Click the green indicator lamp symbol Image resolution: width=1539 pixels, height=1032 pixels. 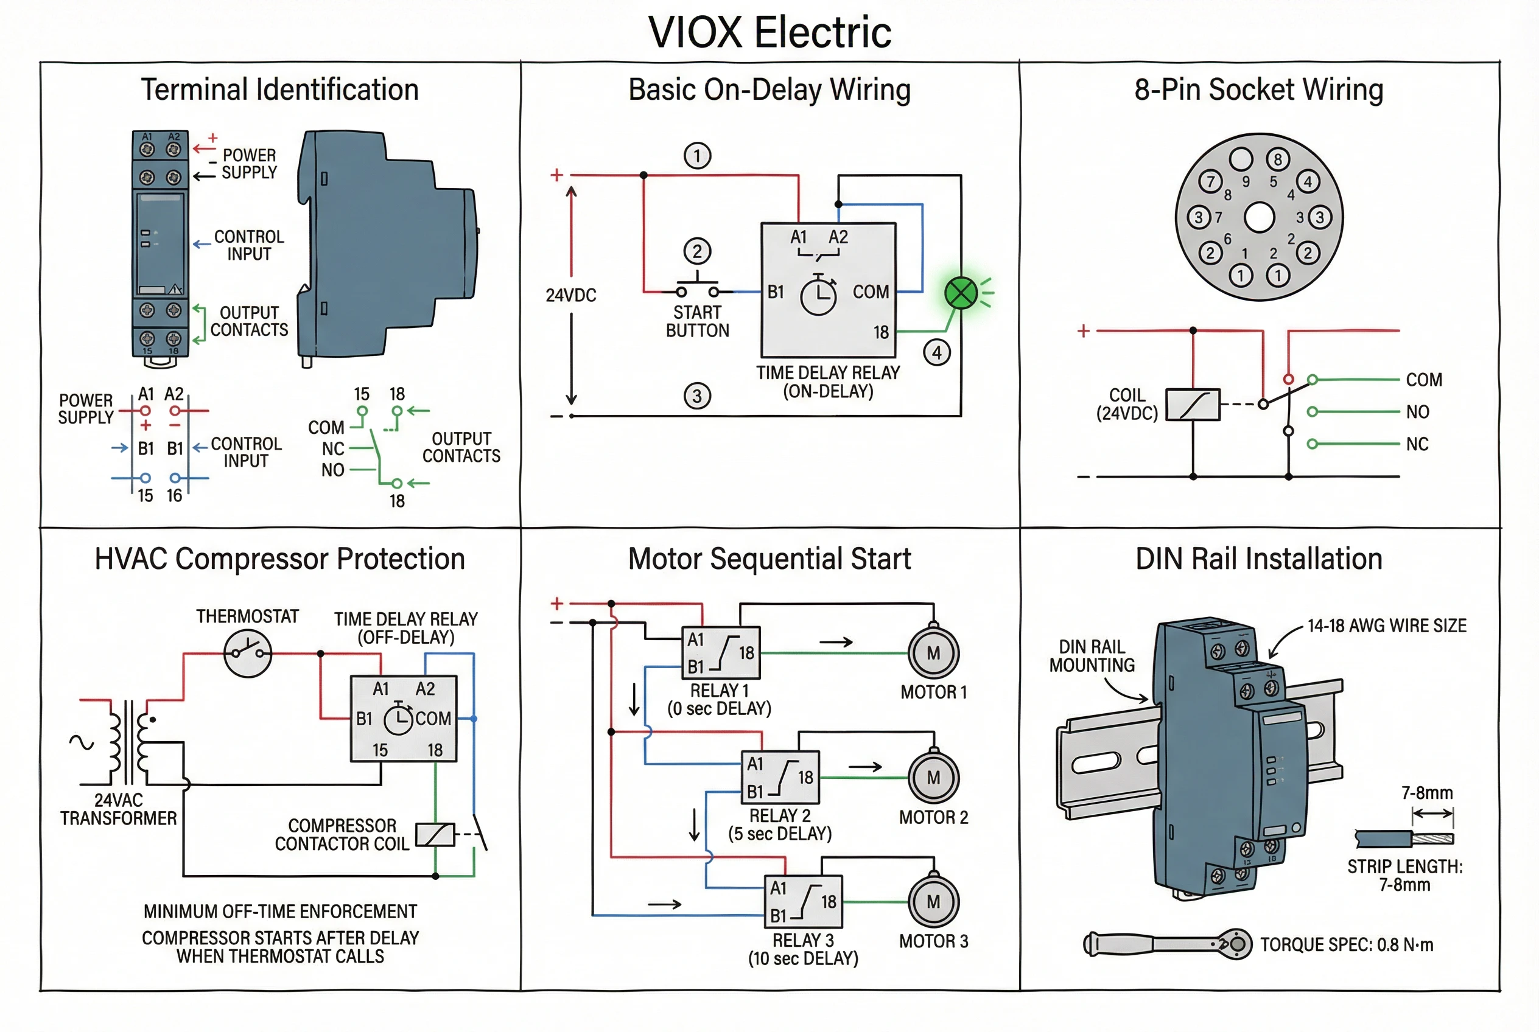pos(960,293)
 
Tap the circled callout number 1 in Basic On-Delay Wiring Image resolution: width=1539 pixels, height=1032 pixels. pos(698,156)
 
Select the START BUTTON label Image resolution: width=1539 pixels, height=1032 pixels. pos(698,321)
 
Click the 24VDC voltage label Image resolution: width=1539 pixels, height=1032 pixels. pos(570,295)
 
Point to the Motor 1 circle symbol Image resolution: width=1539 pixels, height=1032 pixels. pos(933,653)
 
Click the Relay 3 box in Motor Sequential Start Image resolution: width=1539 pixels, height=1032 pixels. pos(803,901)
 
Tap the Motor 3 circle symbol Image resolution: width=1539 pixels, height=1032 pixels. pos(933,901)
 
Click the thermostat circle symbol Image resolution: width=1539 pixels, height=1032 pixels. pos(248,653)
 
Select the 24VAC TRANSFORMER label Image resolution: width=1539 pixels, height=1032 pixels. pos(119,809)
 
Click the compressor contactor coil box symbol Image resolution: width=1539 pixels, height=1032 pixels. pos(435,835)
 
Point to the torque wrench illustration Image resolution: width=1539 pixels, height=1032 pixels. pos(1166,944)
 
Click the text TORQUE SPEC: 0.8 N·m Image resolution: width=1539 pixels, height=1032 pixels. pos(1346,944)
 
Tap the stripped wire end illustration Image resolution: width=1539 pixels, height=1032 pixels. pos(1404,838)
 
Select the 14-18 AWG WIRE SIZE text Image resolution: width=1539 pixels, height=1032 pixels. pos(1386,626)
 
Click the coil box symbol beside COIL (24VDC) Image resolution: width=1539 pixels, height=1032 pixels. pos(1193,404)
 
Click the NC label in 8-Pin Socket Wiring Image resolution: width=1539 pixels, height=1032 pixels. pos(1417,444)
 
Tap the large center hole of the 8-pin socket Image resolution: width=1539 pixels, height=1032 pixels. pos(1258,218)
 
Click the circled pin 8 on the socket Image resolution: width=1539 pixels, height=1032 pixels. pos(1278,159)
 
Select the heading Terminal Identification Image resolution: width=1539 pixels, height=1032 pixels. pos(280,89)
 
